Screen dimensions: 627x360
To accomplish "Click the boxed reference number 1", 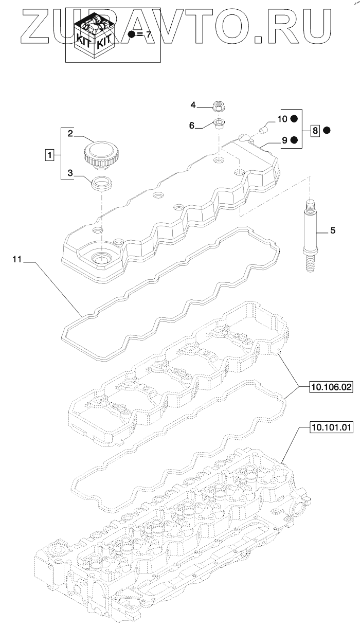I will coord(49,154).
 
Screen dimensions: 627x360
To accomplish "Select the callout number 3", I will coord(70,173).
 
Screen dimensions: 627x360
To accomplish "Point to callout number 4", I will coord(193,105).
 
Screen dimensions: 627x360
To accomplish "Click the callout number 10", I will coord(282,119).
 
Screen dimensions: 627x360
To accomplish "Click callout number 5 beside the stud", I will coord(332,231).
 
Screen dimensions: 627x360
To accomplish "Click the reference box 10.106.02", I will coord(331,387).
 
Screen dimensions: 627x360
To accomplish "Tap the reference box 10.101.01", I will coord(331,426).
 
